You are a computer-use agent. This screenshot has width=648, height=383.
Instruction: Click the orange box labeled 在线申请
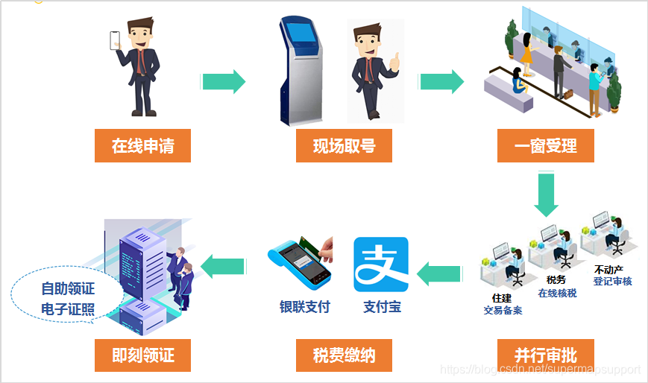click(142, 146)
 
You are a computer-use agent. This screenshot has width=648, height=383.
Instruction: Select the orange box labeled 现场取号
click(344, 146)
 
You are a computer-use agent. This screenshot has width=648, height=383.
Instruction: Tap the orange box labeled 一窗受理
click(545, 146)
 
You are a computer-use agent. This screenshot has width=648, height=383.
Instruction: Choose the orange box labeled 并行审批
click(545, 355)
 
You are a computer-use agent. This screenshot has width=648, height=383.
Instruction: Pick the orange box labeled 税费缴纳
click(344, 355)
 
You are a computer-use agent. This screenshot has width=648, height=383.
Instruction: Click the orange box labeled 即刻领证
click(142, 355)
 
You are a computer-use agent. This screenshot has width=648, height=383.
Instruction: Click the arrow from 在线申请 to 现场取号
click(223, 81)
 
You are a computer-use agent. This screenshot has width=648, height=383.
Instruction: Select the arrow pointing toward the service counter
click(441, 81)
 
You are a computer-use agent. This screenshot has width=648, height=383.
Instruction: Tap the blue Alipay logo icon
click(381, 265)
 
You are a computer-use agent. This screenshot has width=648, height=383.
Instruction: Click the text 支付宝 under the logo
click(382, 307)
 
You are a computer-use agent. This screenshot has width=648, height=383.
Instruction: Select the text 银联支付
click(304, 307)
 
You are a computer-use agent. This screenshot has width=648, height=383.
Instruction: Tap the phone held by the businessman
click(116, 40)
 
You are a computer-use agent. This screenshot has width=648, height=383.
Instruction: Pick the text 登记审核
click(612, 281)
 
